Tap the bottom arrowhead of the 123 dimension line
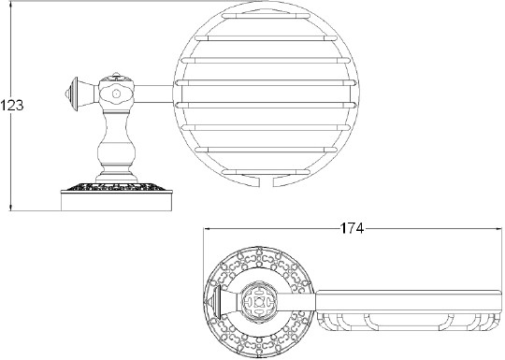(x=10, y=207)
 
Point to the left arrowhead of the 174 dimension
(x=207, y=227)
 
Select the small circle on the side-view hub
(x=117, y=94)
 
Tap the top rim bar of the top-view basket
(x=407, y=295)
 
